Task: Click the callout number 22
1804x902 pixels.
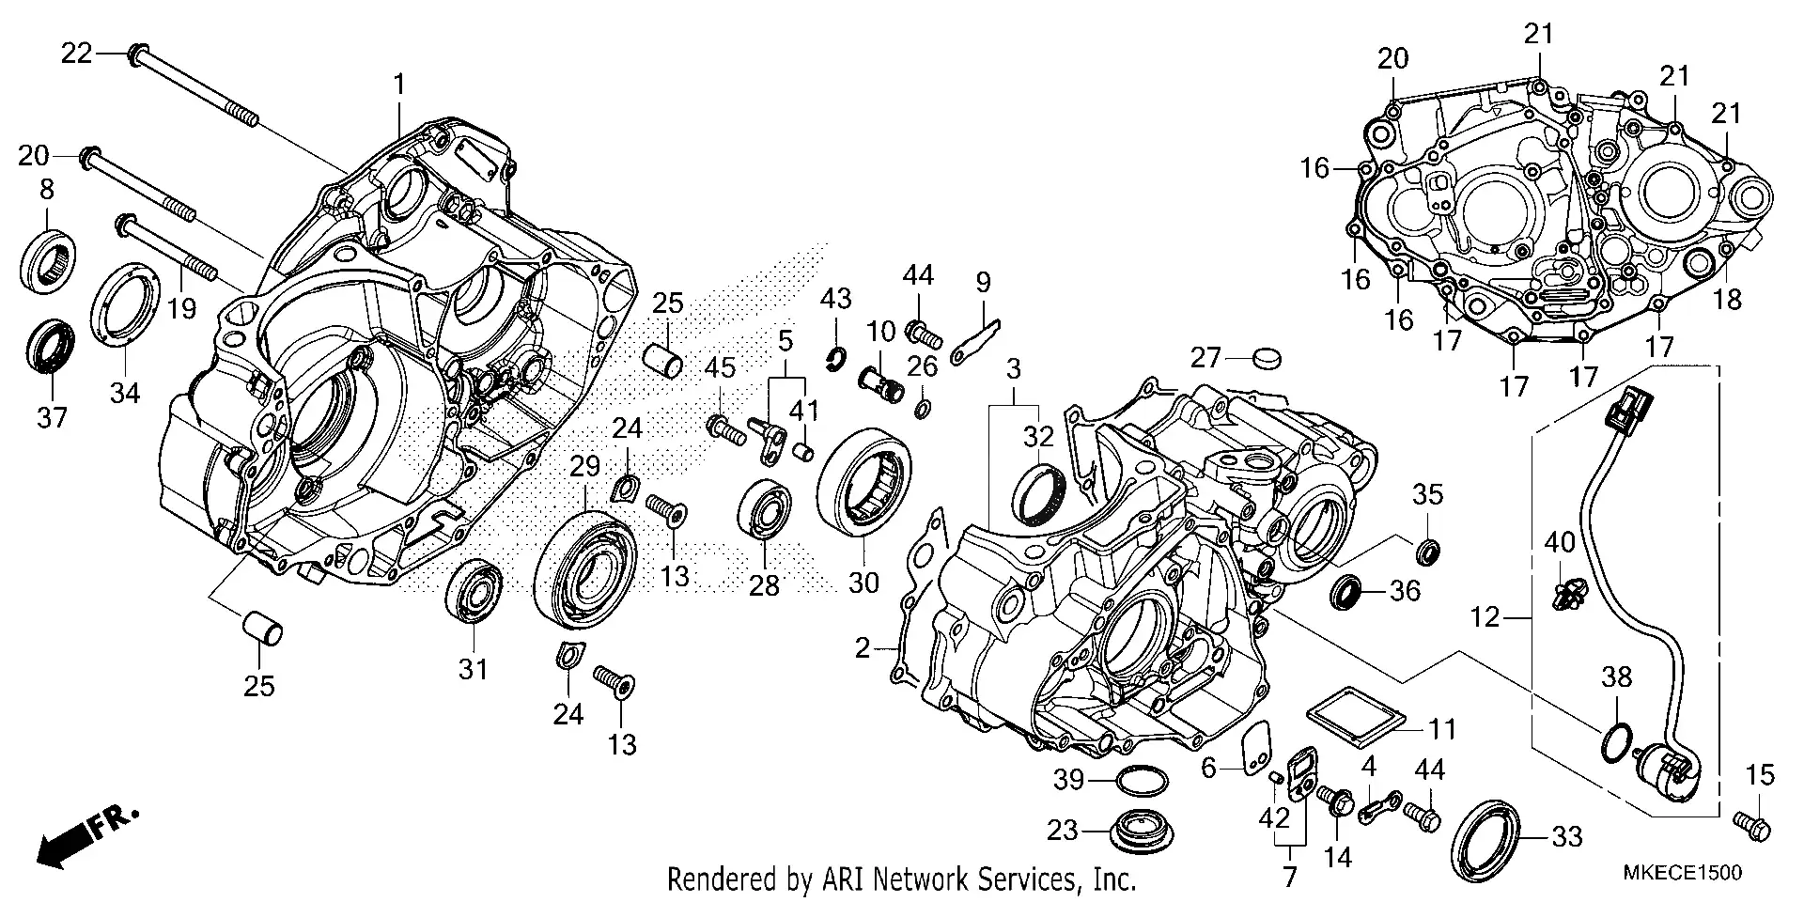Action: coord(76,54)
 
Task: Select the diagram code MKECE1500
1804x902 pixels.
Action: coord(1682,873)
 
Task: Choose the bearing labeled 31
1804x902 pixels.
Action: coord(476,592)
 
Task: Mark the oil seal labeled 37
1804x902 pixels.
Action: coord(50,345)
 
